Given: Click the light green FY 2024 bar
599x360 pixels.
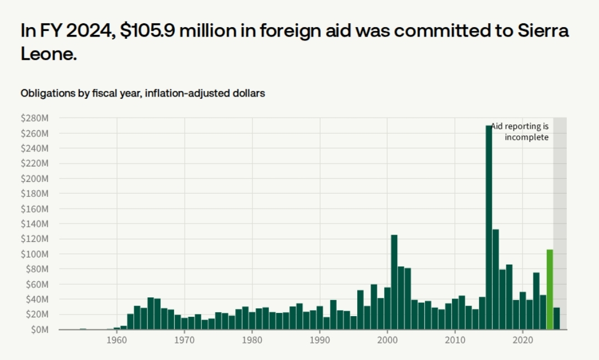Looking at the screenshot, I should [550, 290].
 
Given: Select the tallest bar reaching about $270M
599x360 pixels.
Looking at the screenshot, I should [489, 227].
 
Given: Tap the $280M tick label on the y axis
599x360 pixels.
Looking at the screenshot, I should [34, 118].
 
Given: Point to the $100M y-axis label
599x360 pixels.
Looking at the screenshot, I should [34, 254].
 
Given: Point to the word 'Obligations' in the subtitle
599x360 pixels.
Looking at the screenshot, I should [47, 93].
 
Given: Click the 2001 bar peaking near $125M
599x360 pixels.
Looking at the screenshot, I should [394, 282].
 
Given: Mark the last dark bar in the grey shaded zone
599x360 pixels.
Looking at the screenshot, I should [556, 318].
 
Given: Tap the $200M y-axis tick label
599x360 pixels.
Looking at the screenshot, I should [34, 179].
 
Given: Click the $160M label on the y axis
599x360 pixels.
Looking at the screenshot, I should [34, 209].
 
